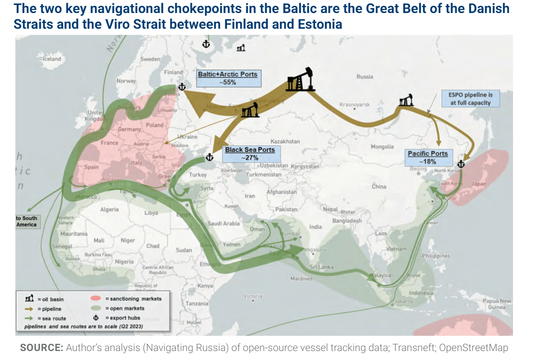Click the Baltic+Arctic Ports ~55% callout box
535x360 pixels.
pyautogui.click(x=228, y=79)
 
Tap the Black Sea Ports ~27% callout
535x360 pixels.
pyautogui.click(x=250, y=154)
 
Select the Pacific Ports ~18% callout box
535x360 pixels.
pyautogui.click(x=428, y=157)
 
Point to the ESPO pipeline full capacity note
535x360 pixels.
pyautogui.click(x=470, y=99)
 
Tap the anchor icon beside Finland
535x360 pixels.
pyautogui.click(x=182, y=87)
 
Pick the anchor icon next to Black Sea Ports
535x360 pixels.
pyautogui.click(x=209, y=158)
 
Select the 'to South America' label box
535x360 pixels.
pyautogui.click(x=27, y=221)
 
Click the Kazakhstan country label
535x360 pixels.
pyautogui.click(x=285, y=141)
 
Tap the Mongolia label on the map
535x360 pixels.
pyautogui.click(x=382, y=147)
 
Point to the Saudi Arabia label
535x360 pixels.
pyautogui.click(x=224, y=223)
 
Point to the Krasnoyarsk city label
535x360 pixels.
pyautogui.click(x=355, y=104)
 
